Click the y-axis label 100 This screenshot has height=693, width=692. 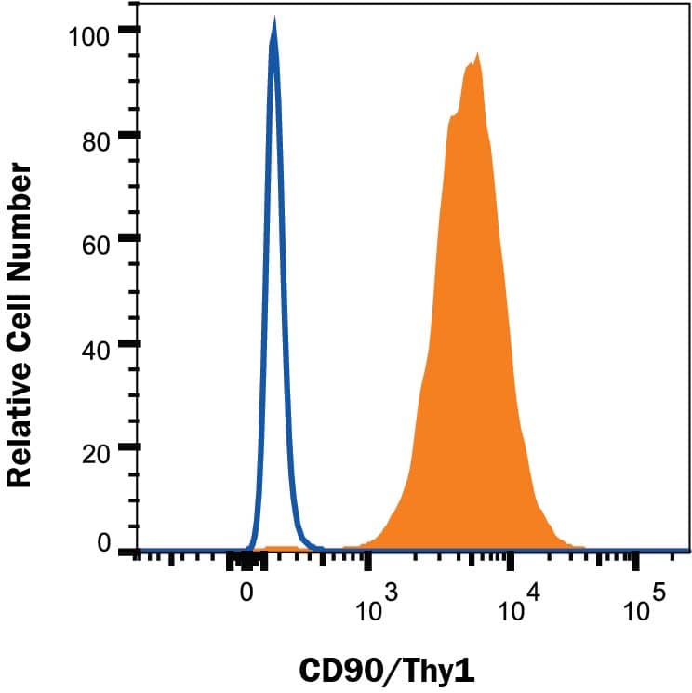pyautogui.click(x=90, y=36)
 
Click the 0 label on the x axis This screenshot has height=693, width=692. pyautogui.click(x=246, y=589)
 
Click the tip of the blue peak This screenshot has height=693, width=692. pyautogui.click(x=273, y=20)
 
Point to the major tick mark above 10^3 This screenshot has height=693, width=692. pyautogui.click(x=368, y=561)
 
